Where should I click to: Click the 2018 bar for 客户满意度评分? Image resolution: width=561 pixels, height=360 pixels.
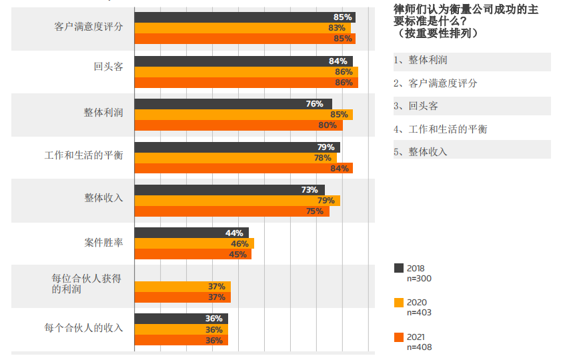[244, 17]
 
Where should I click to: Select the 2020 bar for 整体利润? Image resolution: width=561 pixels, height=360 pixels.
[243, 115]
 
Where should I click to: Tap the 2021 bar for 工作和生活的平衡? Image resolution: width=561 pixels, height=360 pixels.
[243, 168]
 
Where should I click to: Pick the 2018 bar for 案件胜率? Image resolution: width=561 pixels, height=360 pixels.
[191, 233]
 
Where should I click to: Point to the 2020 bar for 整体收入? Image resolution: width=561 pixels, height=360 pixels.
[237, 201]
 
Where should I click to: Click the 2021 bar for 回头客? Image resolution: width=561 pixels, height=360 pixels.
[245, 83]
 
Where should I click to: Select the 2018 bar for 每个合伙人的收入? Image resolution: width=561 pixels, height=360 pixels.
[181, 319]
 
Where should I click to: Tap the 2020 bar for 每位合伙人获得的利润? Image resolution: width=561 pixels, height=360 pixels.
[182, 287]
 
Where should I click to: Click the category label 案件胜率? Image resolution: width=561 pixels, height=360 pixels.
[103, 243]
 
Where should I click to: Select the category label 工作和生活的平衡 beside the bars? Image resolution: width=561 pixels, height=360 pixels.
[83, 157]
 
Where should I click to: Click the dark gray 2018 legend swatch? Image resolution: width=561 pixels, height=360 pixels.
[399, 268]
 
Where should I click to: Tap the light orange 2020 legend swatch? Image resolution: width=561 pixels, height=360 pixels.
[399, 303]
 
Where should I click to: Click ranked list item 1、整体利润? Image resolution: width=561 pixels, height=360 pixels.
[420, 61]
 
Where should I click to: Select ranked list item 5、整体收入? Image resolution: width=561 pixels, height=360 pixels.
[420, 152]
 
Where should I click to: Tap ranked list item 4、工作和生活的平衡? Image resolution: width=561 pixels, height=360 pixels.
[440, 129]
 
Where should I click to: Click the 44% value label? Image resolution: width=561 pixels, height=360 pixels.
[234, 233]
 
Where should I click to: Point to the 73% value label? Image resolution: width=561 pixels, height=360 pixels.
[310, 190]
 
